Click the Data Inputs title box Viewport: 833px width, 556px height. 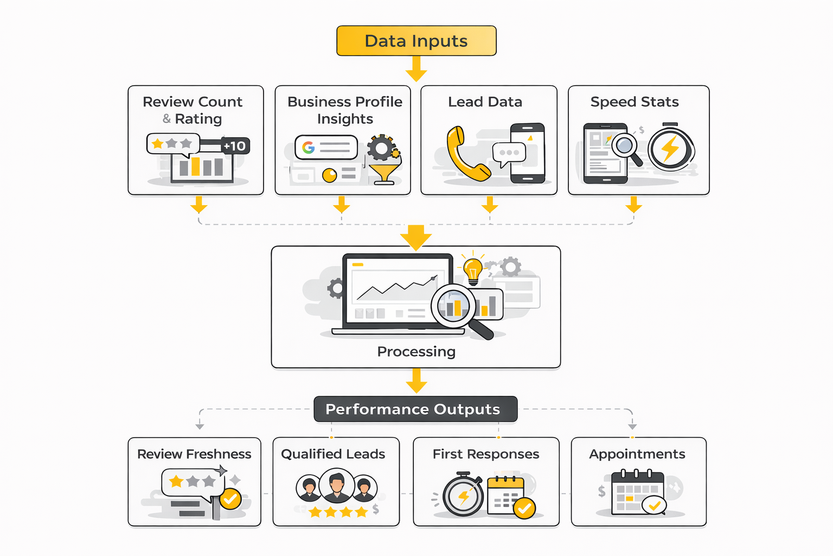click(416, 41)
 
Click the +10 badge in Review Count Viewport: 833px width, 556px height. click(235, 146)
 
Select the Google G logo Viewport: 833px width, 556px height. click(309, 147)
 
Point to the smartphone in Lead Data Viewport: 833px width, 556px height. click(528, 153)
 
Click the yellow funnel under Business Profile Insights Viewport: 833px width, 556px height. click(384, 173)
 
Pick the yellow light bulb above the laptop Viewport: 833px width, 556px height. click(473, 269)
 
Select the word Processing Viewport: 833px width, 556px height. click(416, 352)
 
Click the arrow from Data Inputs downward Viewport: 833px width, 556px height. click(416, 69)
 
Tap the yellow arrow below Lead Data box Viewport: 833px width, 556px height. click(490, 205)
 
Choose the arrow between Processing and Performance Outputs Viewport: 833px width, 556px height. click(416, 381)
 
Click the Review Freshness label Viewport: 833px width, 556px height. click(194, 454)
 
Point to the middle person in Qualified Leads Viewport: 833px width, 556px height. click(337, 485)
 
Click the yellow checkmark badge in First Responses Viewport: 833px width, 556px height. click(524, 508)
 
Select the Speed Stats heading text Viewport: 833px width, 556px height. click(635, 102)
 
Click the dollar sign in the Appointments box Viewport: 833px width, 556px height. click(601, 491)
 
